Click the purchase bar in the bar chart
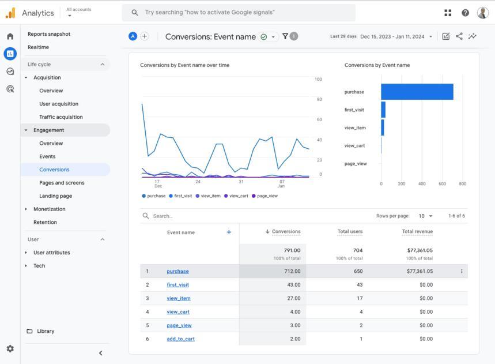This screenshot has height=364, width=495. click(417, 92)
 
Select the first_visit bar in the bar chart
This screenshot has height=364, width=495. click(383, 110)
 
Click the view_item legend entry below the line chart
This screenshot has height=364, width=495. click(208, 196)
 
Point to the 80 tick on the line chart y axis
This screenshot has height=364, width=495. click(319, 99)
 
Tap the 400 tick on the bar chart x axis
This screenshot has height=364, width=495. click(422, 183)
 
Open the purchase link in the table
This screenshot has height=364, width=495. click(177, 271)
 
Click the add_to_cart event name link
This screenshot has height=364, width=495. click(180, 339)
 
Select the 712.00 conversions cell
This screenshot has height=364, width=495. click(292, 271)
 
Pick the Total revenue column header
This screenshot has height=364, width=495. click(417, 231)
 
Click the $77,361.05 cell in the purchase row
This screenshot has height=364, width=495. click(420, 271)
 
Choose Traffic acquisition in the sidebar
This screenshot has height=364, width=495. click(61, 117)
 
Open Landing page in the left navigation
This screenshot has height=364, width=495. click(55, 196)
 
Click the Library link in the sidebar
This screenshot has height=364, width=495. click(46, 331)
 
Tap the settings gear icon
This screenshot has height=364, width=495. click(10, 348)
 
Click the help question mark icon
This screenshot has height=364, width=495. click(466, 13)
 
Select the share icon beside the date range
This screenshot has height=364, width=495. click(459, 36)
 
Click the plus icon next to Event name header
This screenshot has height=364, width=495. click(229, 232)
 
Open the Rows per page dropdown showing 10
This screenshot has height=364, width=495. click(425, 216)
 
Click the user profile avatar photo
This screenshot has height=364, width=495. click(483, 13)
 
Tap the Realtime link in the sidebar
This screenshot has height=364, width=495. click(38, 47)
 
